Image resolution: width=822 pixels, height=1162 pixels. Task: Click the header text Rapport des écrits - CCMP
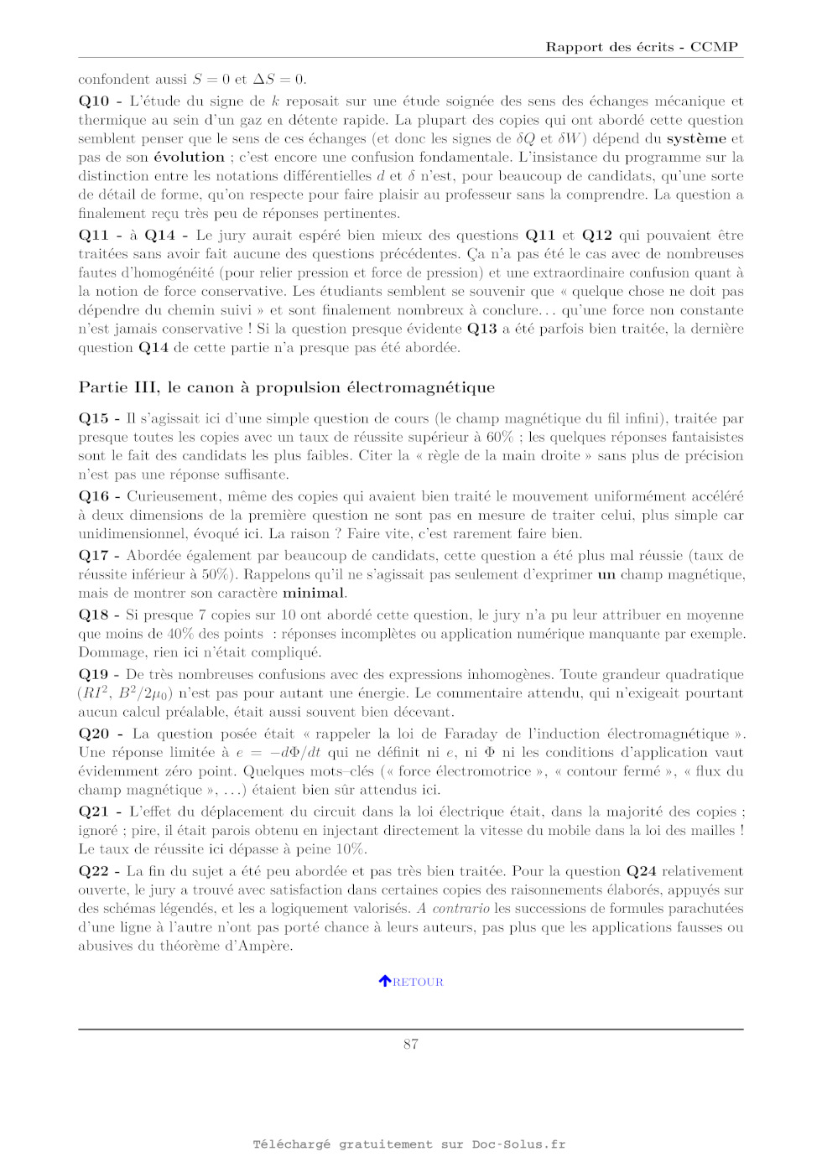(642, 47)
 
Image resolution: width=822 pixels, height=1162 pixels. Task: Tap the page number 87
(411, 1044)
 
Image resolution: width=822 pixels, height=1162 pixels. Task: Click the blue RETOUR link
(418, 982)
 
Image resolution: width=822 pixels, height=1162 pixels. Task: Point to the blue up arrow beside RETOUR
(385, 981)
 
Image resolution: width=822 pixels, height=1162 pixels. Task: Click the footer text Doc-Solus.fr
(518, 1144)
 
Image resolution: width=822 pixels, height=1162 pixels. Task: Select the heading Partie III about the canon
(287, 387)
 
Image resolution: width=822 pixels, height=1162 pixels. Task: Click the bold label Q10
(94, 101)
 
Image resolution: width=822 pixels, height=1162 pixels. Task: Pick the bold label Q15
(94, 418)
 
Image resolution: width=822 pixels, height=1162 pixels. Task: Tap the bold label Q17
(94, 556)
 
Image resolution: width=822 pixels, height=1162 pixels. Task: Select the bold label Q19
(94, 675)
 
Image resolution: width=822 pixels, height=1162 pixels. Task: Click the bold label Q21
(94, 812)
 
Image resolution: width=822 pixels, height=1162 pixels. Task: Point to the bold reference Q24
(642, 872)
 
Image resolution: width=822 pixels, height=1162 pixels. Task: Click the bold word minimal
(313, 594)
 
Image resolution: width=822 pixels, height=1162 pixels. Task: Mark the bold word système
(696, 139)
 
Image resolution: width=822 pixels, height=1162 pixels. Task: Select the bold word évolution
(190, 158)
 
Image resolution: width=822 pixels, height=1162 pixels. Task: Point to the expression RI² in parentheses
(95, 693)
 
